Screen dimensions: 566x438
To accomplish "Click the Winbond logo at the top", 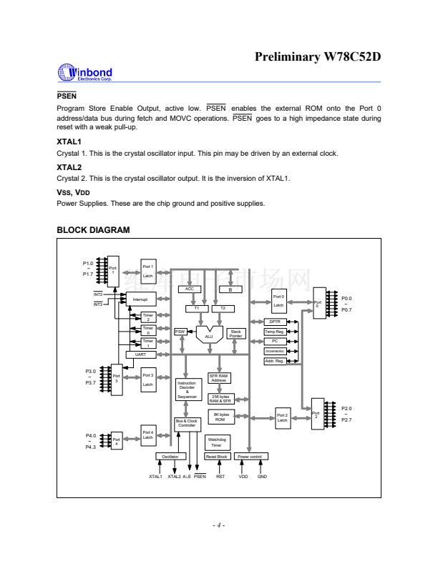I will pyautogui.click(x=84, y=74).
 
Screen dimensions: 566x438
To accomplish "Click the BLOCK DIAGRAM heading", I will pyautogui.click(x=93, y=230).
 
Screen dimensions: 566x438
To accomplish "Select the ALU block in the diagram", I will pyautogui.click(x=209, y=334).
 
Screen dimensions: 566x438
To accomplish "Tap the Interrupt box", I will pyautogui.click(x=140, y=299).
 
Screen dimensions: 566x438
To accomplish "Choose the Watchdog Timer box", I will pyautogui.click(x=216, y=442).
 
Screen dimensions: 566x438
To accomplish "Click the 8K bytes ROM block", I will pyautogui.click(x=220, y=417).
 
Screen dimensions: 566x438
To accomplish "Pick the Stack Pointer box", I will pyautogui.click(x=235, y=334).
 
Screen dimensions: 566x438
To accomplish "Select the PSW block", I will pyautogui.click(x=181, y=332).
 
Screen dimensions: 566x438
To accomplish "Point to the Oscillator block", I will pyautogui.click(x=170, y=456).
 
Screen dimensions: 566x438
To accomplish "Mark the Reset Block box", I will pyautogui.click(x=216, y=456).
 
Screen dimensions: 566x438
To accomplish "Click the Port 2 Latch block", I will pyautogui.click(x=282, y=417).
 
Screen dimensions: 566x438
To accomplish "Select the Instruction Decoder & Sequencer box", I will pyautogui.click(x=187, y=389).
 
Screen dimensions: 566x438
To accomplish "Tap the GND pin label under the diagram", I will pyautogui.click(x=262, y=476).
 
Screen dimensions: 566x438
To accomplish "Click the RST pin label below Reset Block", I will pyautogui.click(x=220, y=476).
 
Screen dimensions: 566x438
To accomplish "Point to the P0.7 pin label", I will pyautogui.click(x=346, y=309).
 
